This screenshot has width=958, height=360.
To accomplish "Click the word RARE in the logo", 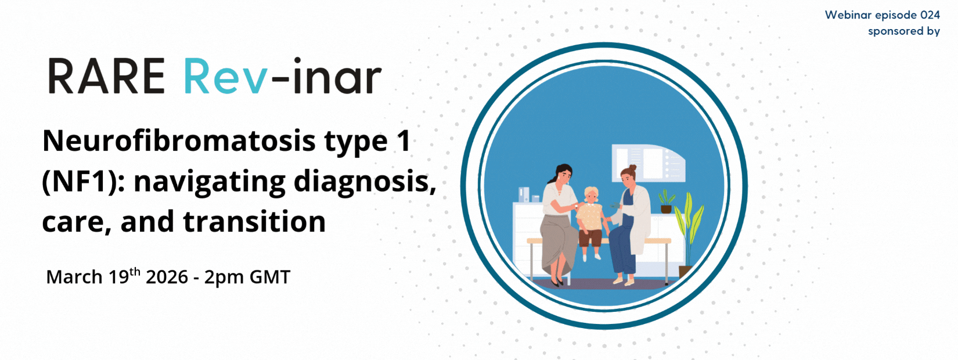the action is pyautogui.click(x=106, y=76).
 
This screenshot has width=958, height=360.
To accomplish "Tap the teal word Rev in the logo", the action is pyautogui.click(x=225, y=76).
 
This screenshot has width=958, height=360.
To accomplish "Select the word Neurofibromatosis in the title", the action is pyautogui.click(x=179, y=141).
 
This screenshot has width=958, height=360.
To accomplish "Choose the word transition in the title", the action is pyautogui.click(x=254, y=222).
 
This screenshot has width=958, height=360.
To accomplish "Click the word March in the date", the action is pyautogui.click(x=74, y=277).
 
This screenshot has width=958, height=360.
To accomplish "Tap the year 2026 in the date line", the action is pyautogui.click(x=167, y=277).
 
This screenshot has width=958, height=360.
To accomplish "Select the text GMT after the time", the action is pyautogui.click(x=270, y=277).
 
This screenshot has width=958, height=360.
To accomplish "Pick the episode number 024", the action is pyautogui.click(x=930, y=15).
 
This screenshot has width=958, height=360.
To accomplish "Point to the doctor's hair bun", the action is pyautogui.click(x=633, y=168).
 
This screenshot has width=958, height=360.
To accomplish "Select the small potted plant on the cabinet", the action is pyautogui.click(x=667, y=201).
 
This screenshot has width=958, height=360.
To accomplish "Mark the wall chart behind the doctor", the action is pyautogui.click(x=649, y=163).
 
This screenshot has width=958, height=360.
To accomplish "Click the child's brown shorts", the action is pyautogui.click(x=590, y=237).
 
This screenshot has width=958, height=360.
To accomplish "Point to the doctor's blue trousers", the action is pyautogui.click(x=622, y=248).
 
